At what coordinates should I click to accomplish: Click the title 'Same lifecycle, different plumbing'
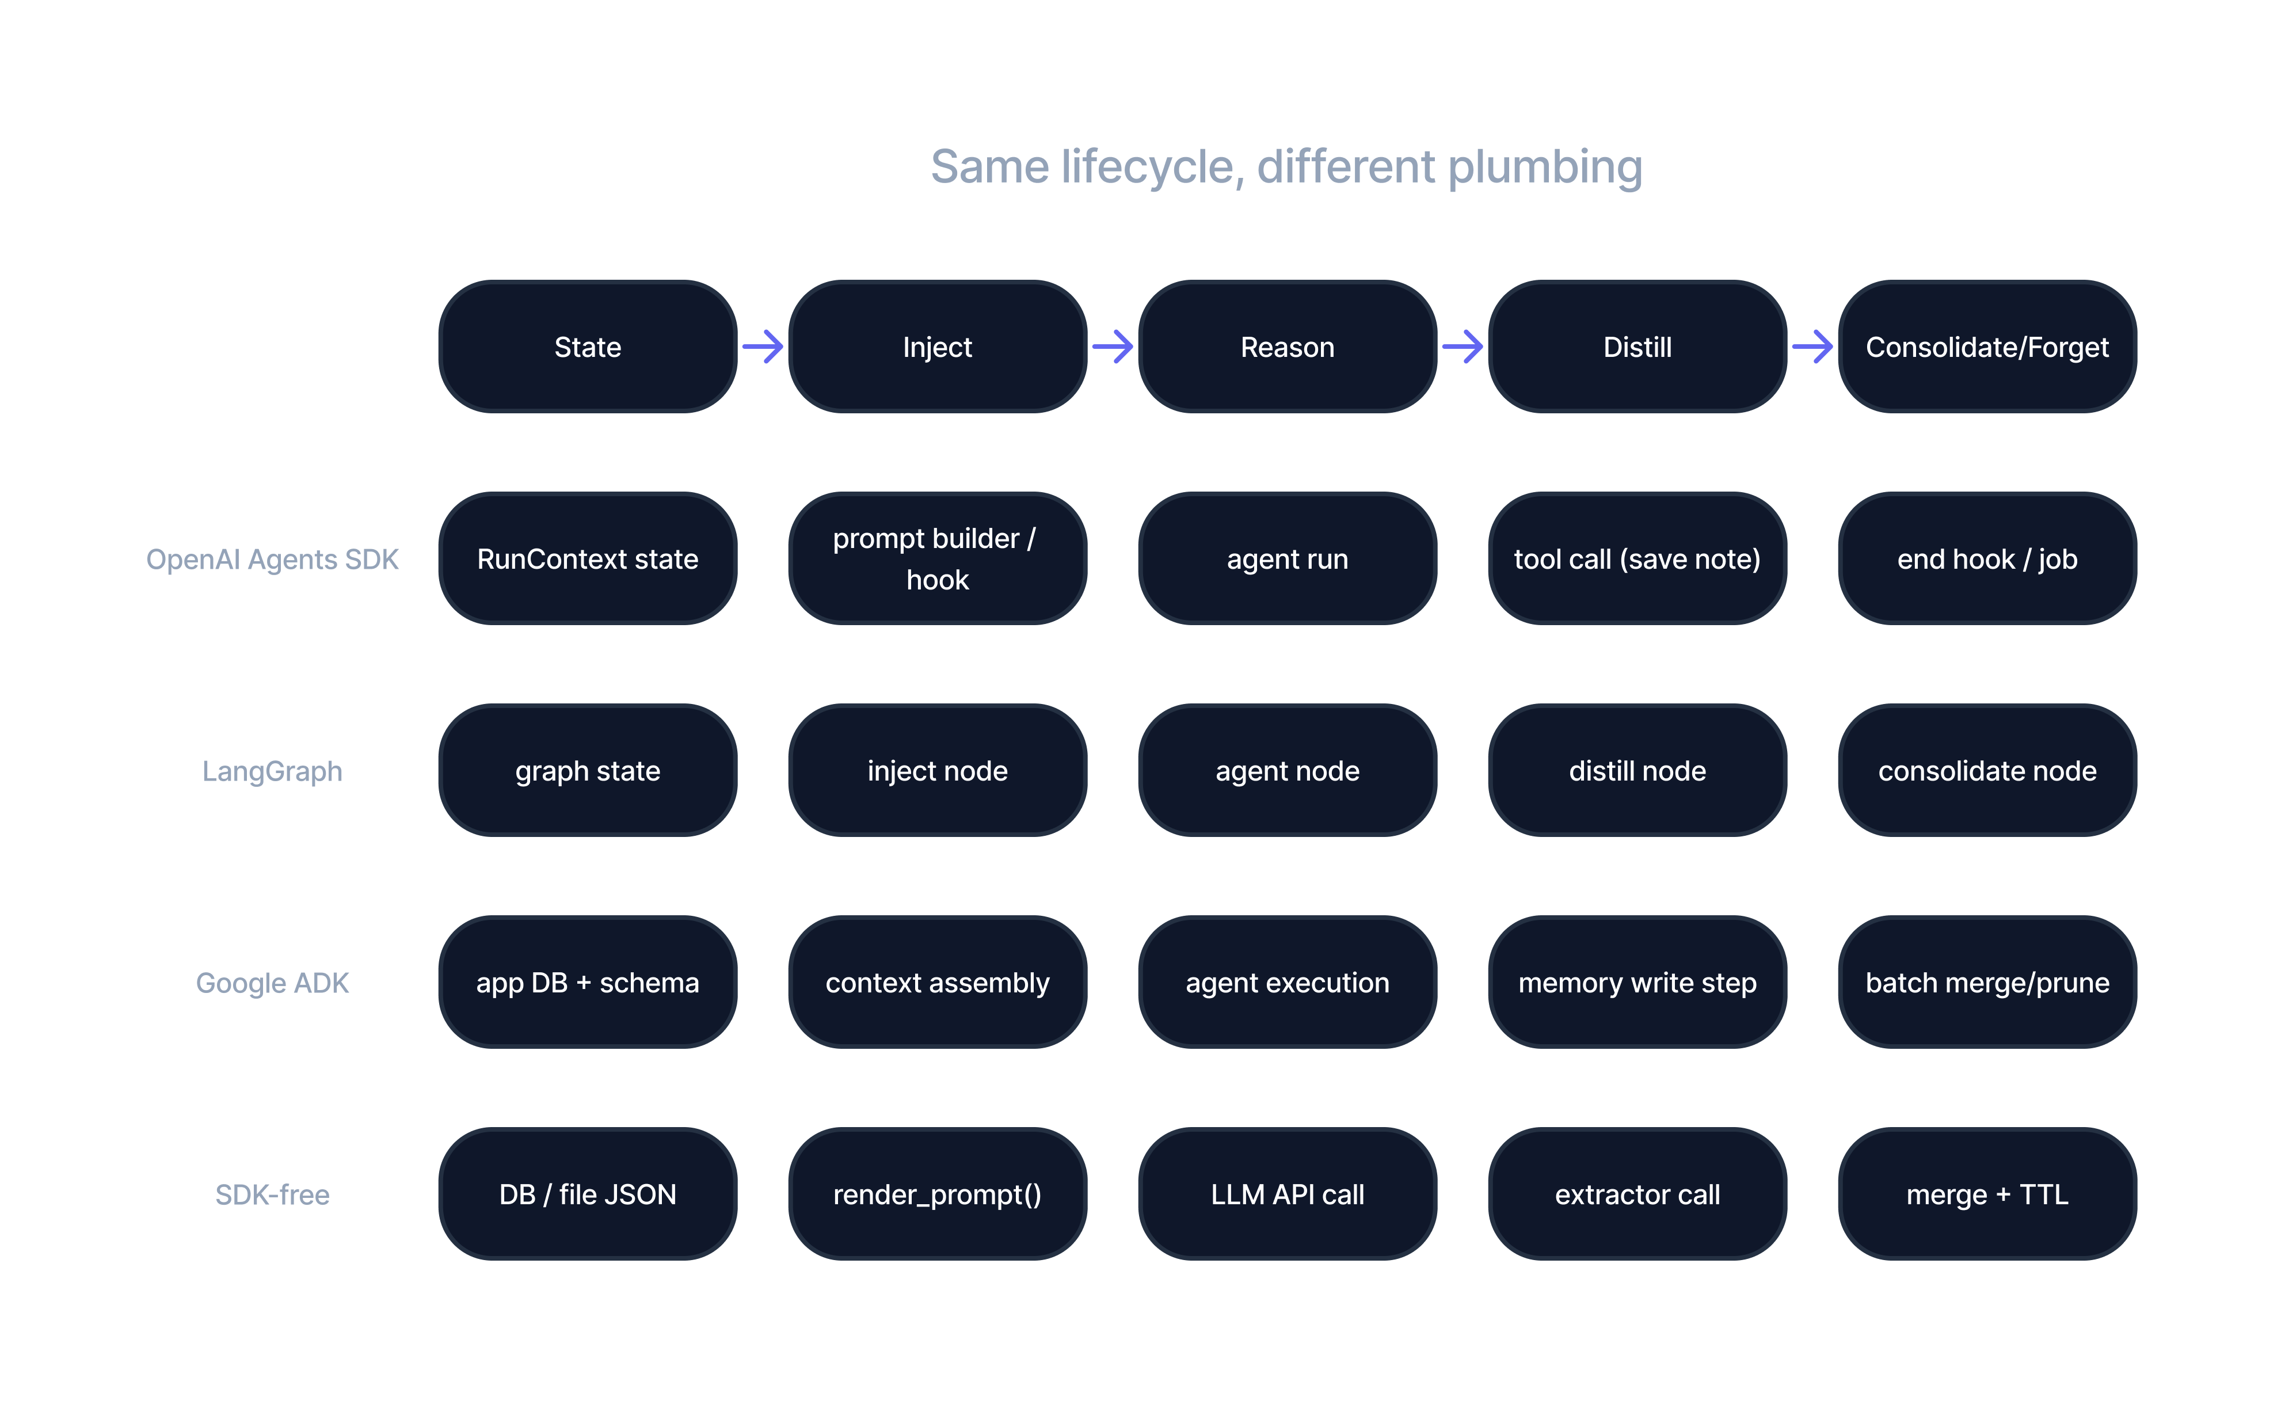click(x=1286, y=168)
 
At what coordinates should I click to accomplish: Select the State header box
click(x=588, y=347)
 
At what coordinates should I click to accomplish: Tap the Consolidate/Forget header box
click(x=1987, y=347)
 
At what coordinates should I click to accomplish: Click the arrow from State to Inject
click(x=763, y=347)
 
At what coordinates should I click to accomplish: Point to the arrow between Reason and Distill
click(x=1463, y=347)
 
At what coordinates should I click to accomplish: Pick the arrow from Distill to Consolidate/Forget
click(x=1812, y=347)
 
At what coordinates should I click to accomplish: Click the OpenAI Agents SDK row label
click(x=272, y=559)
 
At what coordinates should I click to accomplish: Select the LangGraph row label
click(x=272, y=771)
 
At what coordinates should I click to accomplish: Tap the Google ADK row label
click(x=272, y=983)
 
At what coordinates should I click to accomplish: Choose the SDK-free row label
click(x=272, y=1195)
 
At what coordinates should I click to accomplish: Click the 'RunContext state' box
click(x=588, y=559)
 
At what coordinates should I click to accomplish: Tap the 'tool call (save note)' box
click(x=1637, y=559)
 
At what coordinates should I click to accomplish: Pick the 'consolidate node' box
click(x=1987, y=771)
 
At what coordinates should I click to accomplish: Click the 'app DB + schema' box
click(x=588, y=983)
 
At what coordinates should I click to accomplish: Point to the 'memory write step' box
click(x=1637, y=983)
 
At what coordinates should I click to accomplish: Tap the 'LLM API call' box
click(x=1287, y=1195)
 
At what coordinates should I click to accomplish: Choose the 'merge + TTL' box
click(x=1987, y=1195)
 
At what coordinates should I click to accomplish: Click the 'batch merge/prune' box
click(x=1987, y=983)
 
